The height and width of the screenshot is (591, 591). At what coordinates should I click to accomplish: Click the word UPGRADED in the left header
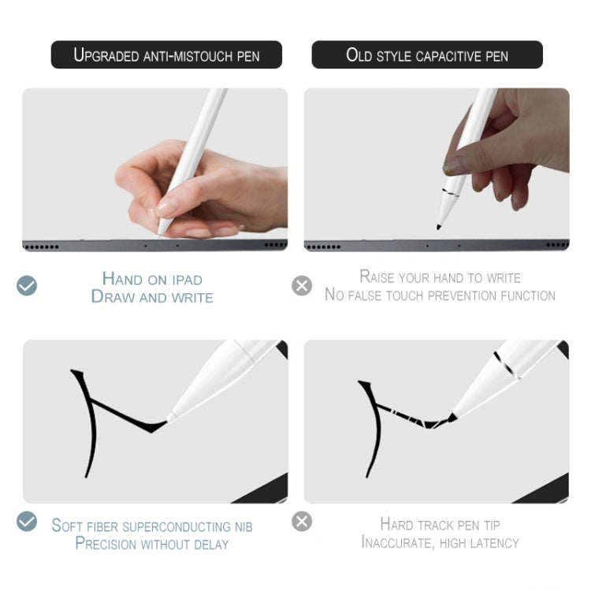[106, 55]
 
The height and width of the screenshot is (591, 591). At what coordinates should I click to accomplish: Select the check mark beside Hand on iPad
[27, 285]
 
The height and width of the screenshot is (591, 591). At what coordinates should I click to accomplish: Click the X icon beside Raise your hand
[302, 285]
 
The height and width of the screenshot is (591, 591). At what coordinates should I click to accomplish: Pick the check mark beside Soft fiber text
[27, 522]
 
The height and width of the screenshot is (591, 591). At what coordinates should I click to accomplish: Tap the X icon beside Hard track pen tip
[302, 522]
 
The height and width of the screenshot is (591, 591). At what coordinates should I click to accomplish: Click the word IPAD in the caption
[187, 280]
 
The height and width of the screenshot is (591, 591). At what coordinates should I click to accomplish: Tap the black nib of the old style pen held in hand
[439, 226]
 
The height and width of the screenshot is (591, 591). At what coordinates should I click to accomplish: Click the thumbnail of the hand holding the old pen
[437, 169]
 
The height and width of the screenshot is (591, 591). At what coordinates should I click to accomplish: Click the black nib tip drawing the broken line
[452, 417]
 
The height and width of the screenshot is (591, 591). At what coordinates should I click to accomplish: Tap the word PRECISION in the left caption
[106, 544]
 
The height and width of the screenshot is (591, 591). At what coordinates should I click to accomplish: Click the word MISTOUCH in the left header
[203, 57]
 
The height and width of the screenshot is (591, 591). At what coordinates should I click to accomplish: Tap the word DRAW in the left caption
[113, 296]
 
